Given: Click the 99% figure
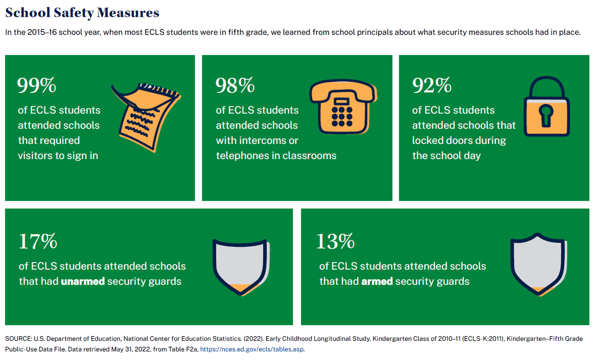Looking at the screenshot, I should pyautogui.click(x=37, y=86).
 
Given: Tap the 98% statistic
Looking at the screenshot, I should pyautogui.click(x=235, y=86).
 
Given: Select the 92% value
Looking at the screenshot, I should pyautogui.click(x=432, y=86).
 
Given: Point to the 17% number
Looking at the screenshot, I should pyautogui.click(x=38, y=241).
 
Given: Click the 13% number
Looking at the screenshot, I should pyautogui.click(x=335, y=241).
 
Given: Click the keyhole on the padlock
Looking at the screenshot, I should pyautogui.click(x=546, y=115).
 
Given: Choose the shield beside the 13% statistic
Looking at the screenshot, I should pyautogui.click(x=536, y=265).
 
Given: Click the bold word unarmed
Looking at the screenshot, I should pyautogui.click(x=83, y=281).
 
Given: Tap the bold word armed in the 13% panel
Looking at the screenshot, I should pyautogui.click(x=377, y=281).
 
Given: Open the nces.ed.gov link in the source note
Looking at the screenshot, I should pyautogui.click(x=252, y=349).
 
